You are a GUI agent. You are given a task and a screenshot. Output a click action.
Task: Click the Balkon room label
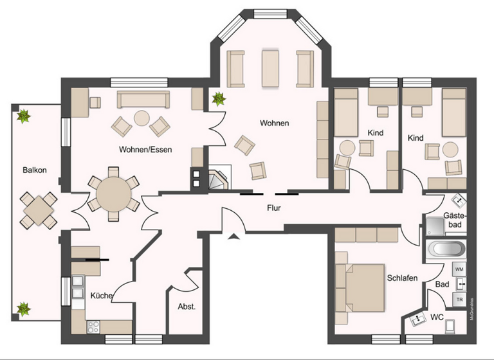tap(34, 170)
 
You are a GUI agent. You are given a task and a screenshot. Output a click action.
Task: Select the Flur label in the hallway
tap(277, 208)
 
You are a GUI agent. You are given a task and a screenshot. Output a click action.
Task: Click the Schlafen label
tap(403, 278)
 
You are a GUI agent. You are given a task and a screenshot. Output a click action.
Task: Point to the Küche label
tap(102, 296)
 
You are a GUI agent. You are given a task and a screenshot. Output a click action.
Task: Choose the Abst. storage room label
tap(187, 307)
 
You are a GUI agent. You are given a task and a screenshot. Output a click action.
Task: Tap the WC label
tap(437, 316)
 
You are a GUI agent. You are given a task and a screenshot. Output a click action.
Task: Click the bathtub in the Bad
tap(446, 249)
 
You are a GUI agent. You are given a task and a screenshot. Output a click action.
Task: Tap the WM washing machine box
tap(459, 268)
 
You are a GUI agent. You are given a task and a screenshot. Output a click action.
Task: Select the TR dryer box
tap(459, 300)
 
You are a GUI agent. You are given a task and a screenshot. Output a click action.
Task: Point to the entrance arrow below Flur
tap(233, 237)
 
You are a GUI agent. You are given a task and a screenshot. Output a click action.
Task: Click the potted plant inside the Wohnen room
tap(219, 99)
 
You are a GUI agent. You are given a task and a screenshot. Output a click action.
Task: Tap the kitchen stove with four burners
tap(93, 326)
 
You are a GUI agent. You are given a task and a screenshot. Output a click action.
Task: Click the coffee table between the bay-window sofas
tap(270, 68)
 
